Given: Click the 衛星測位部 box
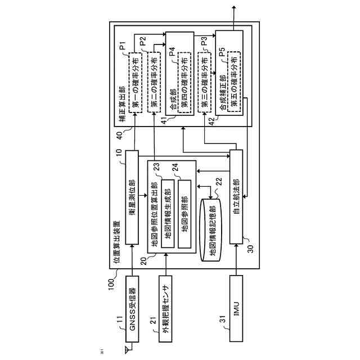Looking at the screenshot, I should tap(133, 197).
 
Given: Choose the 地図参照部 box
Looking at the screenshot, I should tap(185, 214).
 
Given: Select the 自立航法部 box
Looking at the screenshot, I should tap(237, 197).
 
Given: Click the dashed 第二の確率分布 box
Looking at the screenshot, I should tap(154, 82).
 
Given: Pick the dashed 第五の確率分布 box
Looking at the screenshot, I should tap(235, 82).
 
